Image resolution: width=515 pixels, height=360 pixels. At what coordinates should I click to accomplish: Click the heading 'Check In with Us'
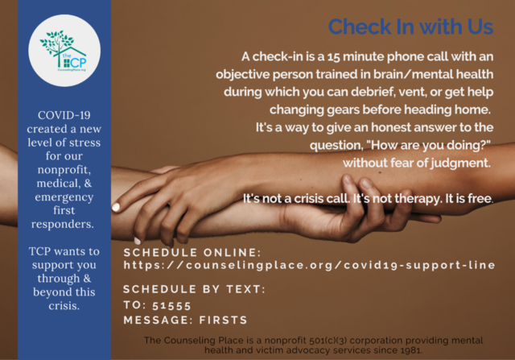pos(410,27)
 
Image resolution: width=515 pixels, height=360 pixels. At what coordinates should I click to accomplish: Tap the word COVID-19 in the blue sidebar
pos(64,115)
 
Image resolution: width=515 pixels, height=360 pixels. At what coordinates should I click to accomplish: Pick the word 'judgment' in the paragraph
pos(460,163)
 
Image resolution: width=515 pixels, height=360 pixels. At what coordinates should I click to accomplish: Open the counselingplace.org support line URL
pos(309,265)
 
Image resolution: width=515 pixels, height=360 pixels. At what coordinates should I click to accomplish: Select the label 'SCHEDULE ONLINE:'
pos(192,253)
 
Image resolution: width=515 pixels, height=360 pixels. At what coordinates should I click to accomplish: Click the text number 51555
pos(171,306)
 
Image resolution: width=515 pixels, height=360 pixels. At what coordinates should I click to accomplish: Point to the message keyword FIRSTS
pos(223,320)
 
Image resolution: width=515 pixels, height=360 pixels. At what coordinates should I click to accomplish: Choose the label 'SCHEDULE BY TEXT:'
pos(194,289)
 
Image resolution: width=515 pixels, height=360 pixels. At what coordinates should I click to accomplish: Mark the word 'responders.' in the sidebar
pos(63,224)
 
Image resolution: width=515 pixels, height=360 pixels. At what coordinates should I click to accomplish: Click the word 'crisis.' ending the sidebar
pos(64,306)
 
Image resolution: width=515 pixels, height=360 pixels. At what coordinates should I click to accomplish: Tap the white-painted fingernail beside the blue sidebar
pos(116,207)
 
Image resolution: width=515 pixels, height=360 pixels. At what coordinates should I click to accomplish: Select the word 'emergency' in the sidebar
pos(64,197)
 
